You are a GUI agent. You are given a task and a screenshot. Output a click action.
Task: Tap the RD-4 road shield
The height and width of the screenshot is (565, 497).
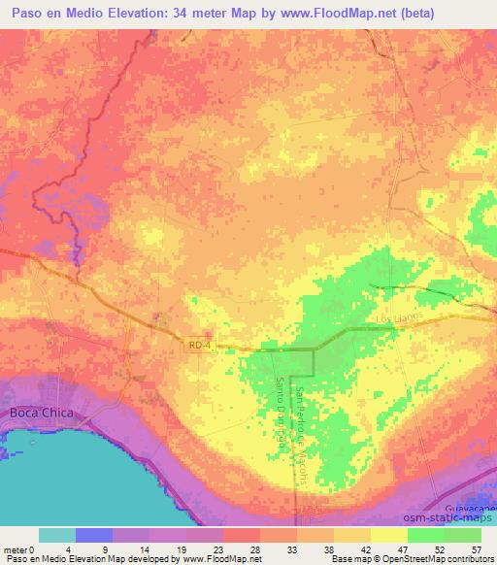click(199, 345)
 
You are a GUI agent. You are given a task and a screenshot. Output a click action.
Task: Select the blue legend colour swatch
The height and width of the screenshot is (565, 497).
click(94, 535)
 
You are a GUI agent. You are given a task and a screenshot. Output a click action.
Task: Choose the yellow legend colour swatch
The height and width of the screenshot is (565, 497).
click(388, 535)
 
